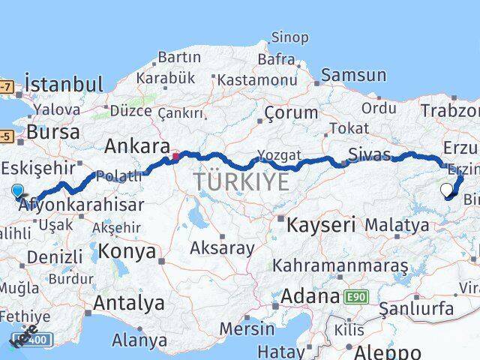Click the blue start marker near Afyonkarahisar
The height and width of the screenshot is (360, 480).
(17, 191)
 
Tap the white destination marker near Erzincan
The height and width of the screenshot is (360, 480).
(447, 189)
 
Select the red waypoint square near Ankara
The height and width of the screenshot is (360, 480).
(175, 157)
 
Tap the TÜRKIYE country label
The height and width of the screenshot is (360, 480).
(241, 181)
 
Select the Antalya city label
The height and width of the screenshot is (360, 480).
(130, 303)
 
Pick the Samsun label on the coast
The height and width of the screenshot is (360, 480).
(354, 75)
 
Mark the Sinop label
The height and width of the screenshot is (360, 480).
(289, 37)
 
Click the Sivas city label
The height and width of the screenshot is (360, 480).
(370, 155)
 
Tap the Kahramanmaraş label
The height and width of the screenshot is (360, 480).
(340, 265)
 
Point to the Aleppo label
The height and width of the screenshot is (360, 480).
(389, 352)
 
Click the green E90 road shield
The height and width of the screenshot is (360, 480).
(356, 297)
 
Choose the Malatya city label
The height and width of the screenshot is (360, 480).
(397, 224)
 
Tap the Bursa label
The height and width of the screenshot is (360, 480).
(53, 132)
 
